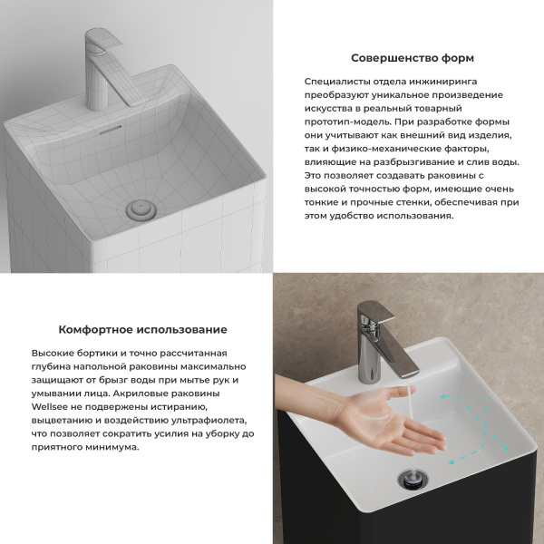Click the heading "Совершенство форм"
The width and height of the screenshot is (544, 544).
tap(412, 58)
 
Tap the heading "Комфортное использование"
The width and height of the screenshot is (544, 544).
tap(142, 330)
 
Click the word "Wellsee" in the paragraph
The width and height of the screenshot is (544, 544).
tap(51, 407)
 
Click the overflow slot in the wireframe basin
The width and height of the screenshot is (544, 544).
tap(110, 130)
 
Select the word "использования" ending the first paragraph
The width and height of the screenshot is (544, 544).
tap(417, 216)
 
